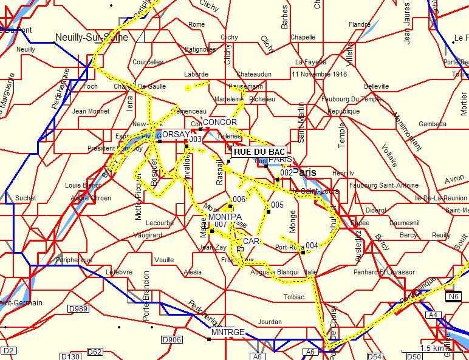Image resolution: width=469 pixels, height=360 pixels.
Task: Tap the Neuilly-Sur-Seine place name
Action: click(92, 38)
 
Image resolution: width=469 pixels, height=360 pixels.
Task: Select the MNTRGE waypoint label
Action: click(228, 333)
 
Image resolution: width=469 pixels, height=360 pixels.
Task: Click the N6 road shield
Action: click(453, 297)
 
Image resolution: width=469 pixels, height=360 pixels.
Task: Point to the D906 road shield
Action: click(172, 340)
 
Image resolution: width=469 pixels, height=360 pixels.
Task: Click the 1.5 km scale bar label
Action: click(433, 348)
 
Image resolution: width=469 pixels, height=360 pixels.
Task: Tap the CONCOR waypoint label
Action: click(220, 123)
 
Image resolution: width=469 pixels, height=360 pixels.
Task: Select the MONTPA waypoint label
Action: click(225, 217)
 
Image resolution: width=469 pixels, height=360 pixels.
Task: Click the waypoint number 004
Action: click(312, 246)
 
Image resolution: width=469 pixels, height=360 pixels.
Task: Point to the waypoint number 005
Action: click(277, 205)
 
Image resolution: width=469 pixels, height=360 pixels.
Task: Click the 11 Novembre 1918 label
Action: click(319, 74)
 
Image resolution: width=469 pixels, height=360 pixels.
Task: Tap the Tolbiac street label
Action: click(294, 297)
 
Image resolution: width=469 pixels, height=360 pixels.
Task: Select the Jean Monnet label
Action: click(91, 112)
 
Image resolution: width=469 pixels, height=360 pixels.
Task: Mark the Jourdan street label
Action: click(270, 322)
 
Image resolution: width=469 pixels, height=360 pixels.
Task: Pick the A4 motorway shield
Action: click(433, 315)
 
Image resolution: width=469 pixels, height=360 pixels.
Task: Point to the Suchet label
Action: click(26, 198)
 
